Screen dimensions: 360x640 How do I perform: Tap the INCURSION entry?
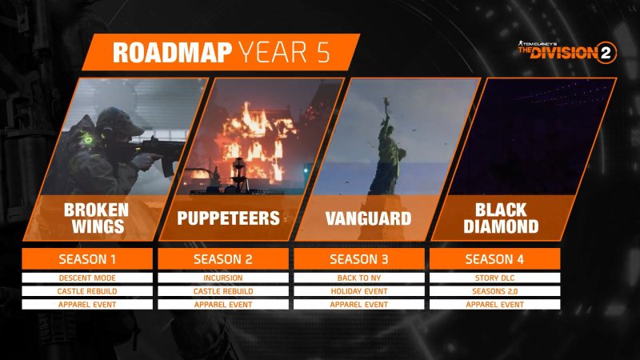coord(225,278)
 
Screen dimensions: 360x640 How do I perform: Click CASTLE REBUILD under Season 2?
coord(225,291)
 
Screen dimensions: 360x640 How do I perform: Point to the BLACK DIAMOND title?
coord(505,218)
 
